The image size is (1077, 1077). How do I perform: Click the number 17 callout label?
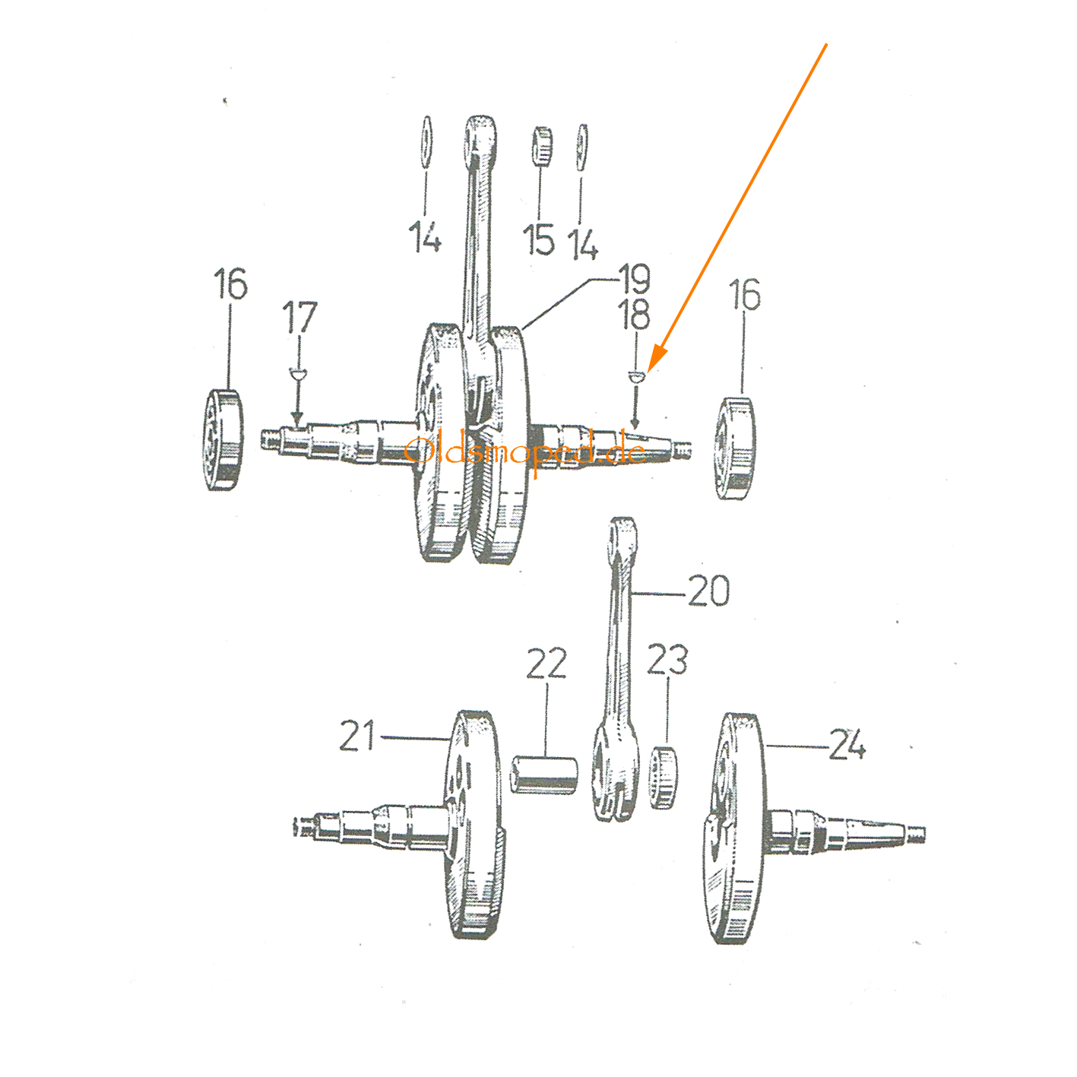pos(299,317)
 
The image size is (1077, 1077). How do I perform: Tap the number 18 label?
pos(634,315)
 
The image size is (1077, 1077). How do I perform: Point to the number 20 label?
pos(708,591)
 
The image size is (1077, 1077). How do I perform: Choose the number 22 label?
pos(546,664)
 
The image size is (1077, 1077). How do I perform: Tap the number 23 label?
pos(667,660)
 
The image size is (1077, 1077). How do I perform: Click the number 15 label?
pos(538,239)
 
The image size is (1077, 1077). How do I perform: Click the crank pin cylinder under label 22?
pos(544,774)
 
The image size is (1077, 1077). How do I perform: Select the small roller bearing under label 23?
pos(664,778)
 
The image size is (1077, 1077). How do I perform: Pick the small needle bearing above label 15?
pos(541,146)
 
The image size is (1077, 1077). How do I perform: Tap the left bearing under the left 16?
pos(223,439)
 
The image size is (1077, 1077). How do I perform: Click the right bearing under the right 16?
pos(736,448)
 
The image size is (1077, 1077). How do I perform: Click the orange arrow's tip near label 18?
pos(649,372)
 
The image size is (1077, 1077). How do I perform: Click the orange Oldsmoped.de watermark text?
pos(525,451)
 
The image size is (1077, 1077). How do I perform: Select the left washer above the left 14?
pos(426,143)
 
